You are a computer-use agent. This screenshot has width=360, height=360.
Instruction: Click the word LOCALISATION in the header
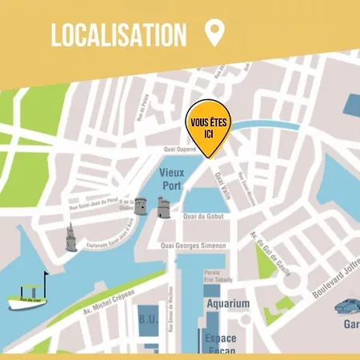click(118, 35)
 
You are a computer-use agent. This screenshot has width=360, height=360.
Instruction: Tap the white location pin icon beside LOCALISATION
click(214, 34)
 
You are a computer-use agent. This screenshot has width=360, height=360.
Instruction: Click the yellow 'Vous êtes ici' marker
click(206, 128)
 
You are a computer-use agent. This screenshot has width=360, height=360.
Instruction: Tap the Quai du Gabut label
click(202, 217)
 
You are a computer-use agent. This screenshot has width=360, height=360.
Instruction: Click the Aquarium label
click(226, 304)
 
